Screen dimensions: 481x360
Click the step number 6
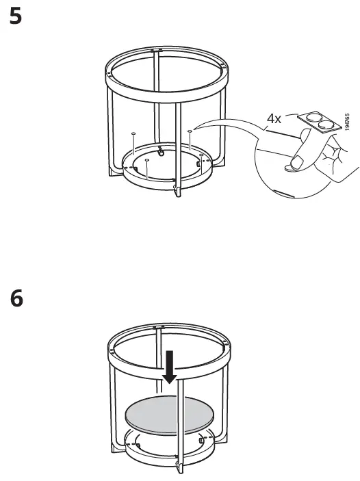[16, 298]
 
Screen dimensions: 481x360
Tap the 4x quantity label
[273, 118]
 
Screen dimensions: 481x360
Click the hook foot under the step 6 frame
[177, 468]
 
